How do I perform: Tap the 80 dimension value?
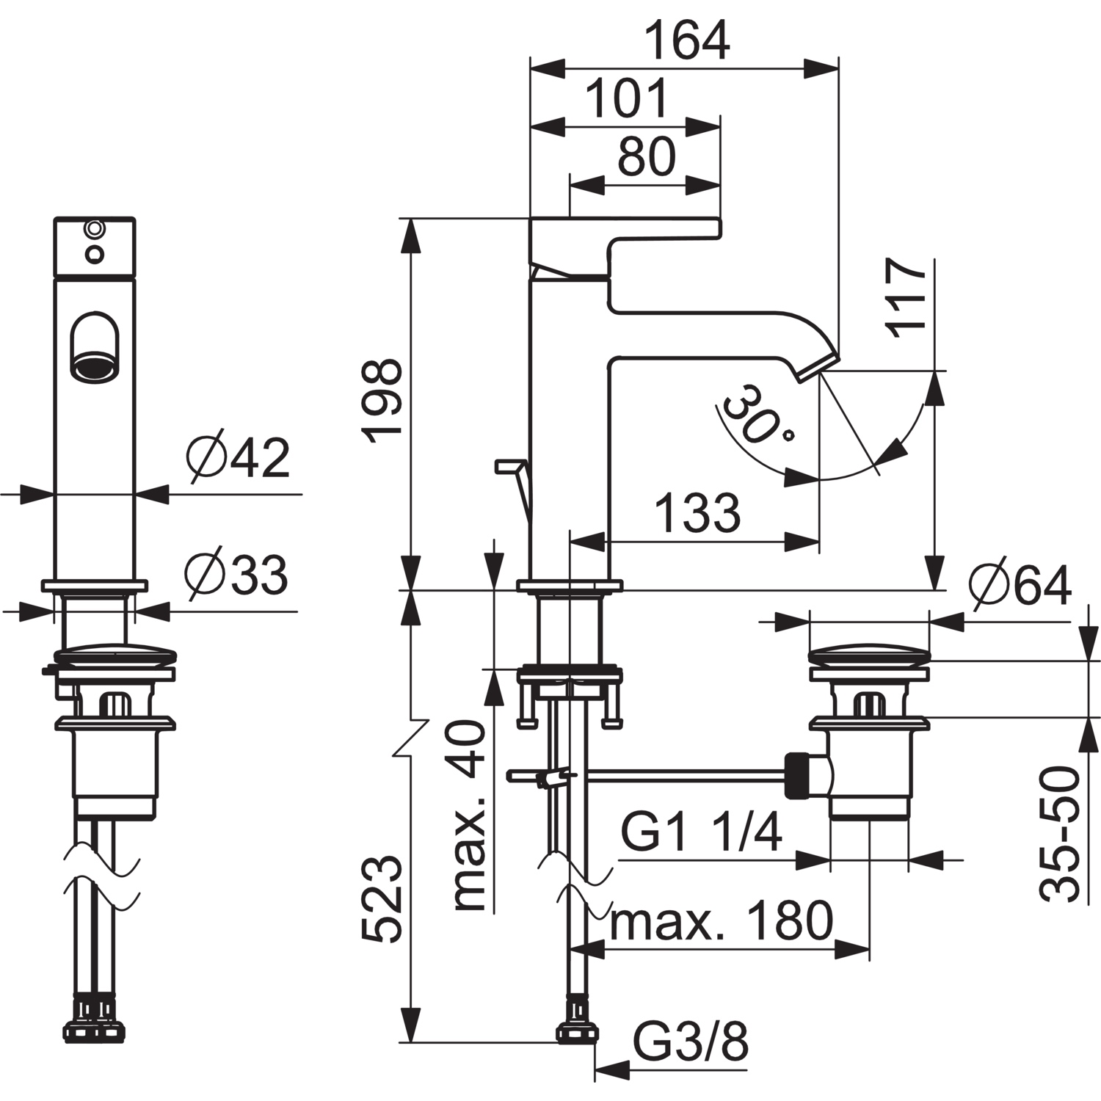pos(646,156)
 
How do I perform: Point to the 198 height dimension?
pos(383,400)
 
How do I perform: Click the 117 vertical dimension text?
pos(907,297)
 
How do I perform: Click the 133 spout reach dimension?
pos(698,512)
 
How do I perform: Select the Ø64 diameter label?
pos(1020,586)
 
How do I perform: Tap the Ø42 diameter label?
pos(238,459)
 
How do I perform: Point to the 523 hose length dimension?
pos(383,899)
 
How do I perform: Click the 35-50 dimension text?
pos(1058,833)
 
